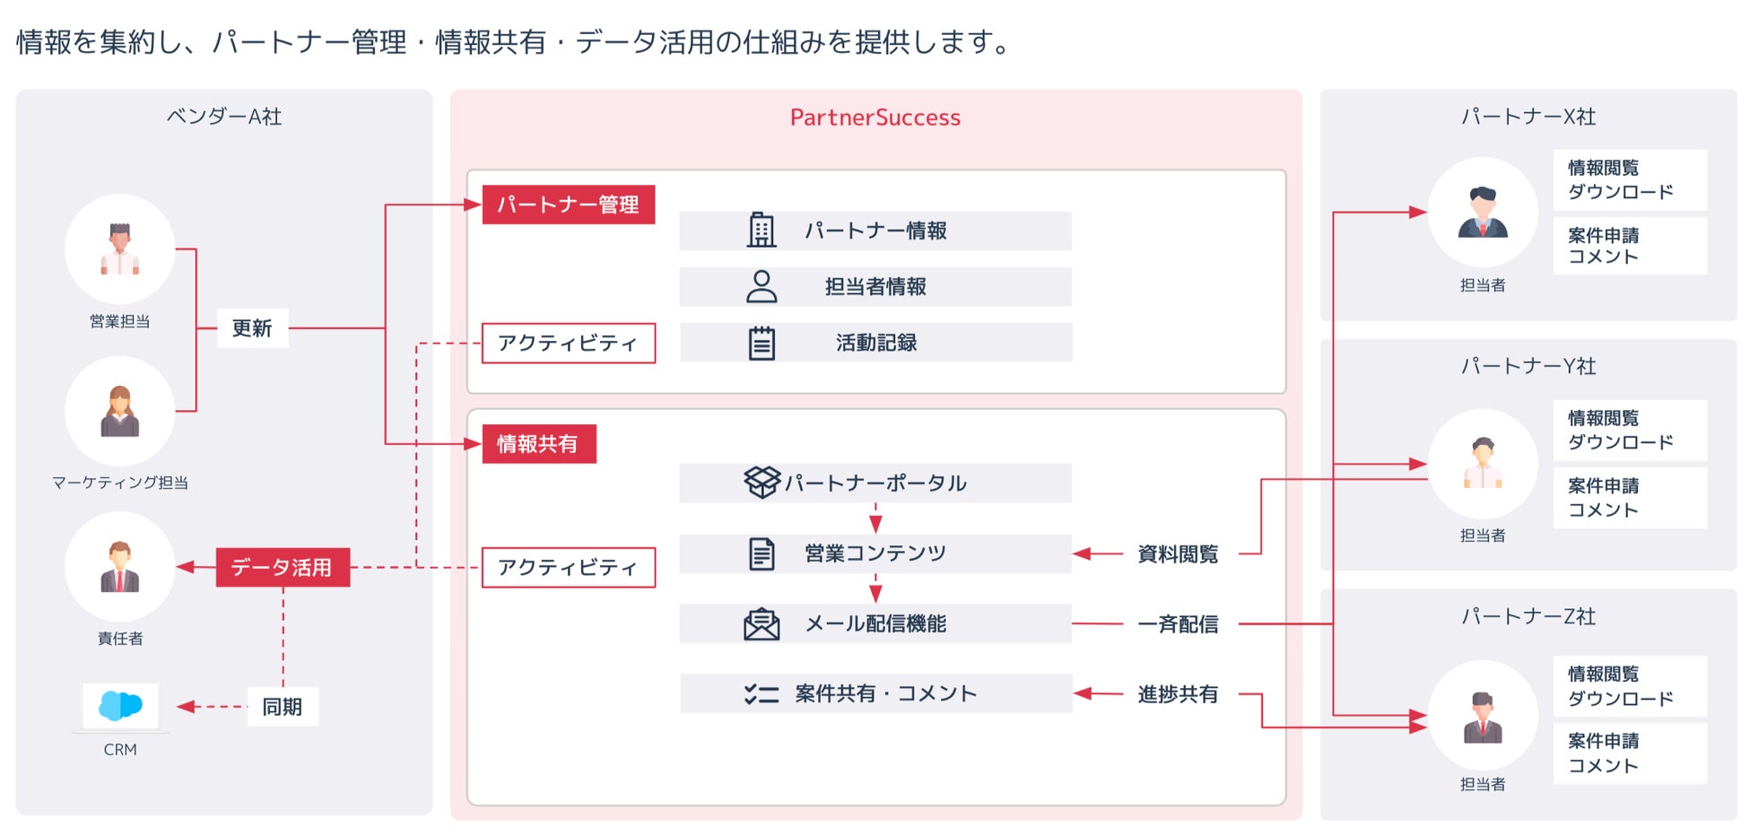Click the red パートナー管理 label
click(x=568, y=205)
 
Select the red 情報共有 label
click(x=538, y=444)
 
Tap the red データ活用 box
click(x=283, y=568)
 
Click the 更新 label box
click(x=252, y=328)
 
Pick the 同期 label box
click(x=283, y=707)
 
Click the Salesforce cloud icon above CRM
click(x=120, y=705)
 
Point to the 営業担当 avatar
click(x=120, y=249)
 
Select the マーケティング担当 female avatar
click(x=120, y=412)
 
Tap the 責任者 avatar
click(x=120, y=567)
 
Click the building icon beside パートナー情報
click(x=761, y=231)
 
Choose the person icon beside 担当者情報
click(x=761, y=287)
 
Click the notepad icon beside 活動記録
click(x=761, y=343)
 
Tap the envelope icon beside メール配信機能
click(x=761, y=624)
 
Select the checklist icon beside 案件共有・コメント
click(x=761, y=693)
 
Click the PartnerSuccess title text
click(x=874, y=118)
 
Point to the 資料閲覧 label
click(x=1178, y=554)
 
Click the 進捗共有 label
click(x=1178, y=694)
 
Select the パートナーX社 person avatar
click(x=1483, y=213)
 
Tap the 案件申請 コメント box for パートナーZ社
click(x=1630, y=753)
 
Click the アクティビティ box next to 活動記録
click(x=568, y=343)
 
